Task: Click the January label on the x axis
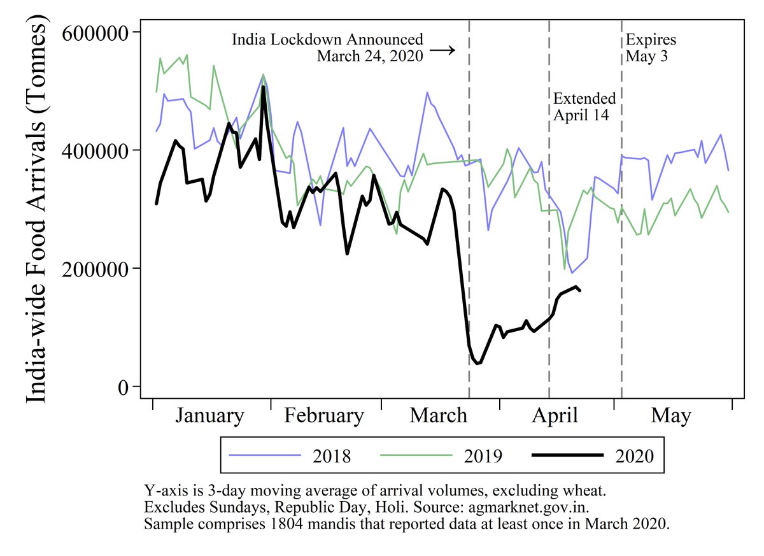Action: (209, 416)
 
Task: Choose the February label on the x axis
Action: (324, 416)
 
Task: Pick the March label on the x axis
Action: (438, 416)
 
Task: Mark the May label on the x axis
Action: (670, 416)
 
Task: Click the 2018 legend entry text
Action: (332, 456)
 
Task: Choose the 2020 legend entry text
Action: (634, 456)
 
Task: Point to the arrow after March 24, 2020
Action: (443, 50)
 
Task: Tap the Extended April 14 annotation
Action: (584, 107)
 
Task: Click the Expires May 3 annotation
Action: (651, 48)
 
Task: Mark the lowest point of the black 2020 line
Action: (477, 363)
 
